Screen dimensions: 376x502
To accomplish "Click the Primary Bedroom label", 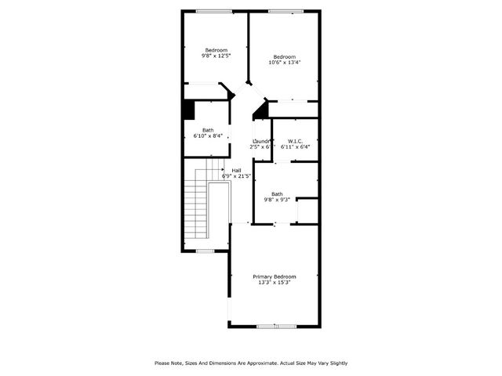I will pos(275,277).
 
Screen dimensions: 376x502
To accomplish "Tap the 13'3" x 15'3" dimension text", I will pos(275,283).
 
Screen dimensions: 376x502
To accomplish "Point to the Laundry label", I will pos(260,141).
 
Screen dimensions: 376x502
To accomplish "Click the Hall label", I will pos(236,170).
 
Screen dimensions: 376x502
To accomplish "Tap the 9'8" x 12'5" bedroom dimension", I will pos(216,56).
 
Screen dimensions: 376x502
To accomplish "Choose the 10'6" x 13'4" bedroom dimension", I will pos(284,63).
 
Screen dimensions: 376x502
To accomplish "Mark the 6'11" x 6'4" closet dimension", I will pos(295,146).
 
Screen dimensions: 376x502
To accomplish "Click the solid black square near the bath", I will pos(188,110).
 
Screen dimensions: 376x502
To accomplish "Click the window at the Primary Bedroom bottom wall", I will pos(276,325).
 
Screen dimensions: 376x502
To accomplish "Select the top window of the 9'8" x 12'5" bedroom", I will pos(213,10).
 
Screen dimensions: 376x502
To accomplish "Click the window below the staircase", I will pos(206,251).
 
